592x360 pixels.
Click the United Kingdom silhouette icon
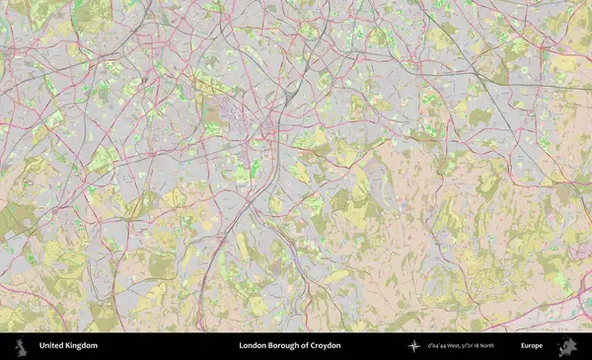click(20, 346)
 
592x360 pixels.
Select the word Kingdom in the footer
click(82, 346)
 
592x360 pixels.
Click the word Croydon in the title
click(327, 346)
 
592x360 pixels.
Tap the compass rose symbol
click(413, 346)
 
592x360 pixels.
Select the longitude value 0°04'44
click(436, 346)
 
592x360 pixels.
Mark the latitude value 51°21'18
click(476, 346)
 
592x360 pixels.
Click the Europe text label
click(532, 346)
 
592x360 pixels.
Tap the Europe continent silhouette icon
click(567, 346)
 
